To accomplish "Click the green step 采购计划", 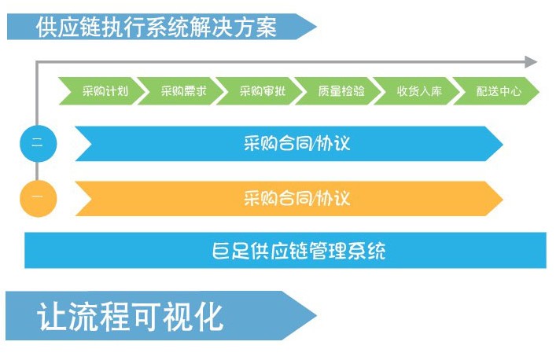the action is [x=102, y=91].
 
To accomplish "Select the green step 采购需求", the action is [x=181, y=91].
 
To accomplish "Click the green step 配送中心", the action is [x=496, y=91].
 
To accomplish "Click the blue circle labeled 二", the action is [x=38, y=144].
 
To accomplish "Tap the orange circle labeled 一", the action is [x=38, y=198].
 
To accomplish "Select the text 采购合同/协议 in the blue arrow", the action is [x=296, y=144].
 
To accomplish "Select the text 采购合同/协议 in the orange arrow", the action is [x=296, y=198].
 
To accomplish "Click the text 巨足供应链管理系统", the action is [x=299, y=251].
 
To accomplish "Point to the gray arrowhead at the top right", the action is [x=531, y=62].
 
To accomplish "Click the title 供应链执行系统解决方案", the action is [x=156, y=27].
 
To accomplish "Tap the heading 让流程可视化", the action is [x=130, y=317].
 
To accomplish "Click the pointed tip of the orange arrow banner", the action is [x=503, y=198].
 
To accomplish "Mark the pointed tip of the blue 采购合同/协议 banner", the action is [x=503, y=144].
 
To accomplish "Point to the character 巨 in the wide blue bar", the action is [x=221, y=251].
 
